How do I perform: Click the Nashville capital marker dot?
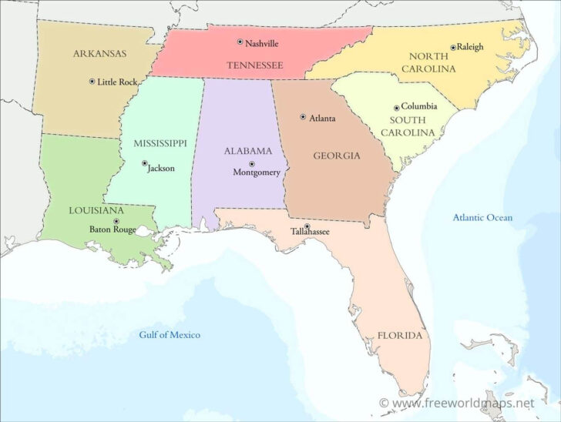click(x=240, y=42)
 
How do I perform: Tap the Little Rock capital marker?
click(x=92, y=81)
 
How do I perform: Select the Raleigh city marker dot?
click(x=452, y=47)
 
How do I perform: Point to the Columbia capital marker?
click(x=396, y=108)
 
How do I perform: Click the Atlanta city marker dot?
click(x=303, y=117)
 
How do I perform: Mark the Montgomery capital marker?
click(x=251, y=163)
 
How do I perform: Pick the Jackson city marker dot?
click(x=145, y=163)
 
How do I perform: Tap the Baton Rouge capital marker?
click(x=116, y=220)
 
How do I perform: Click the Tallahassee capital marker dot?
click(x=307, y=226)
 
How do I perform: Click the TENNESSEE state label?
click(x=254, y=65)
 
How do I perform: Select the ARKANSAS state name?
click(x=100, y=53)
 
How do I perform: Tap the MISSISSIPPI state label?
click(x=160, y=143)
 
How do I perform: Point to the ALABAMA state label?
click(x=248, y=151)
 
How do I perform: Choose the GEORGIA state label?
click(x=337, y=156)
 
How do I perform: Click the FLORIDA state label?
click(x=399, y=336)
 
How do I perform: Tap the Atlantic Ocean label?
click(x=482, y=218)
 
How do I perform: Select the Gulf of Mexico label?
click(x=170, y=335)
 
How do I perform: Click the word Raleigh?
click(x=470, y=47)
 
